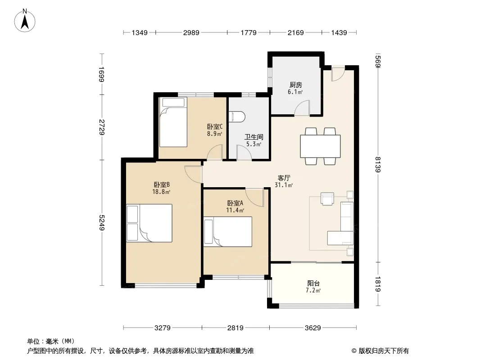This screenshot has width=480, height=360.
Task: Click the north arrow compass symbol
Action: tap(25, 21)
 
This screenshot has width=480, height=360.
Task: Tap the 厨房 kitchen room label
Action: tap(295, 85)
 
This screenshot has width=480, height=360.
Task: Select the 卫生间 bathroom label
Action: tap(254, 137)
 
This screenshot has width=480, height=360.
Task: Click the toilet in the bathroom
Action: tap(237, 117)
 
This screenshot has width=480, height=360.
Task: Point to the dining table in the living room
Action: tap(320, 146)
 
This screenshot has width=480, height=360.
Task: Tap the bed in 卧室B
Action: tap(149, 223)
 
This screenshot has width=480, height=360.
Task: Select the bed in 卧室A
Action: tap(228, 232)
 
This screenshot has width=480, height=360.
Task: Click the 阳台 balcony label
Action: tap(313, 283)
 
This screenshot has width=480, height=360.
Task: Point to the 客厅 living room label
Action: tap(284, 178)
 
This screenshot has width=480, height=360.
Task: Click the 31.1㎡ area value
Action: tap(284, 185)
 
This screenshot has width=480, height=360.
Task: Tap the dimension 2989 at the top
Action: tap(191, 32)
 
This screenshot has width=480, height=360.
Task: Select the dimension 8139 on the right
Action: tap(378, 164)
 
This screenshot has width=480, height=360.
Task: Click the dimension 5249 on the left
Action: tap(102, 223)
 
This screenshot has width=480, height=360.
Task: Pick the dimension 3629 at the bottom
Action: tap(312, 328)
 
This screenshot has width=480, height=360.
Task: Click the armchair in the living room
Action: tap(327, 198)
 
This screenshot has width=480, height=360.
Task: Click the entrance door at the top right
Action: tap(338, 73)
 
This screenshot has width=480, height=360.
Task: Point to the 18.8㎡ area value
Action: tap(161, 192)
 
